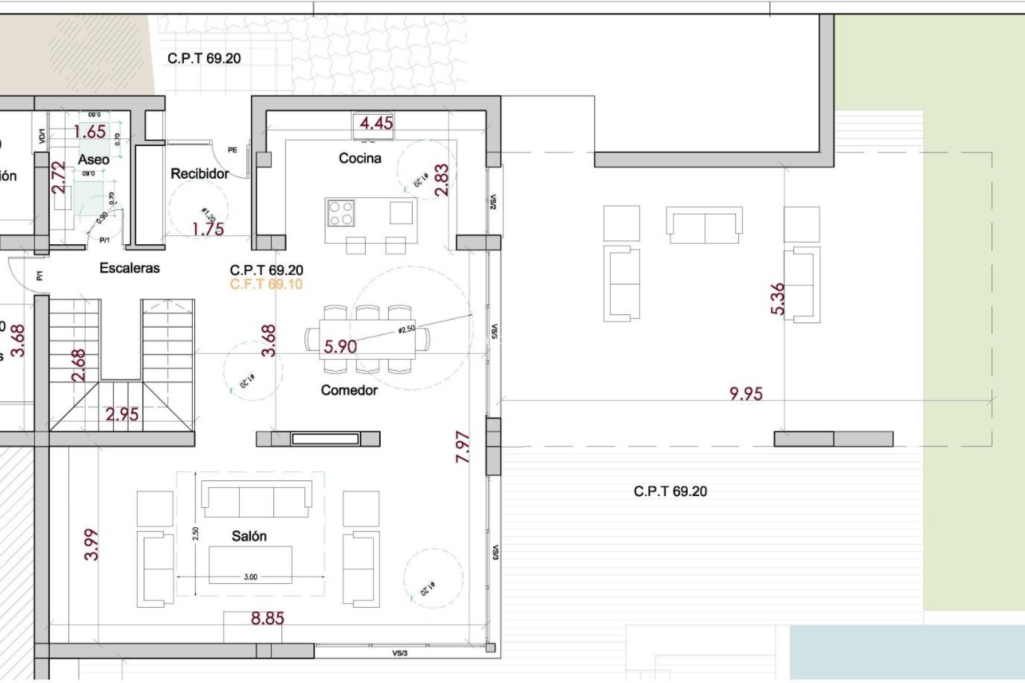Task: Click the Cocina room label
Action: click(360, 158)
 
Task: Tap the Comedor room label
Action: click(349, 391)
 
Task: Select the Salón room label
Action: click(249, 536)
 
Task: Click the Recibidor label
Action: click(200, 174)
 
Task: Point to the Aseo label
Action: click(93, 160)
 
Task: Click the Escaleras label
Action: click(130, 268)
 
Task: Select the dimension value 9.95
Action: click(746, 394)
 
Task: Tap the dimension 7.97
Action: click(463, 447)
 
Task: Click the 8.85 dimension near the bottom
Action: click(267, 619)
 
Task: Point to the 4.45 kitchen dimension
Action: click(376, 123)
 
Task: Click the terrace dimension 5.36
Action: click(778, 299)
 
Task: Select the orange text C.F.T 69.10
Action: click(266, 284)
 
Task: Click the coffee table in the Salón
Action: click(250, 565)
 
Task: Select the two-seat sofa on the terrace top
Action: click(704, 225)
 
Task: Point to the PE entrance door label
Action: click(232, 150)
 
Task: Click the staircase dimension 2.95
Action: click(122, 415)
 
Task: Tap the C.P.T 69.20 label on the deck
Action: click(670, 491)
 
